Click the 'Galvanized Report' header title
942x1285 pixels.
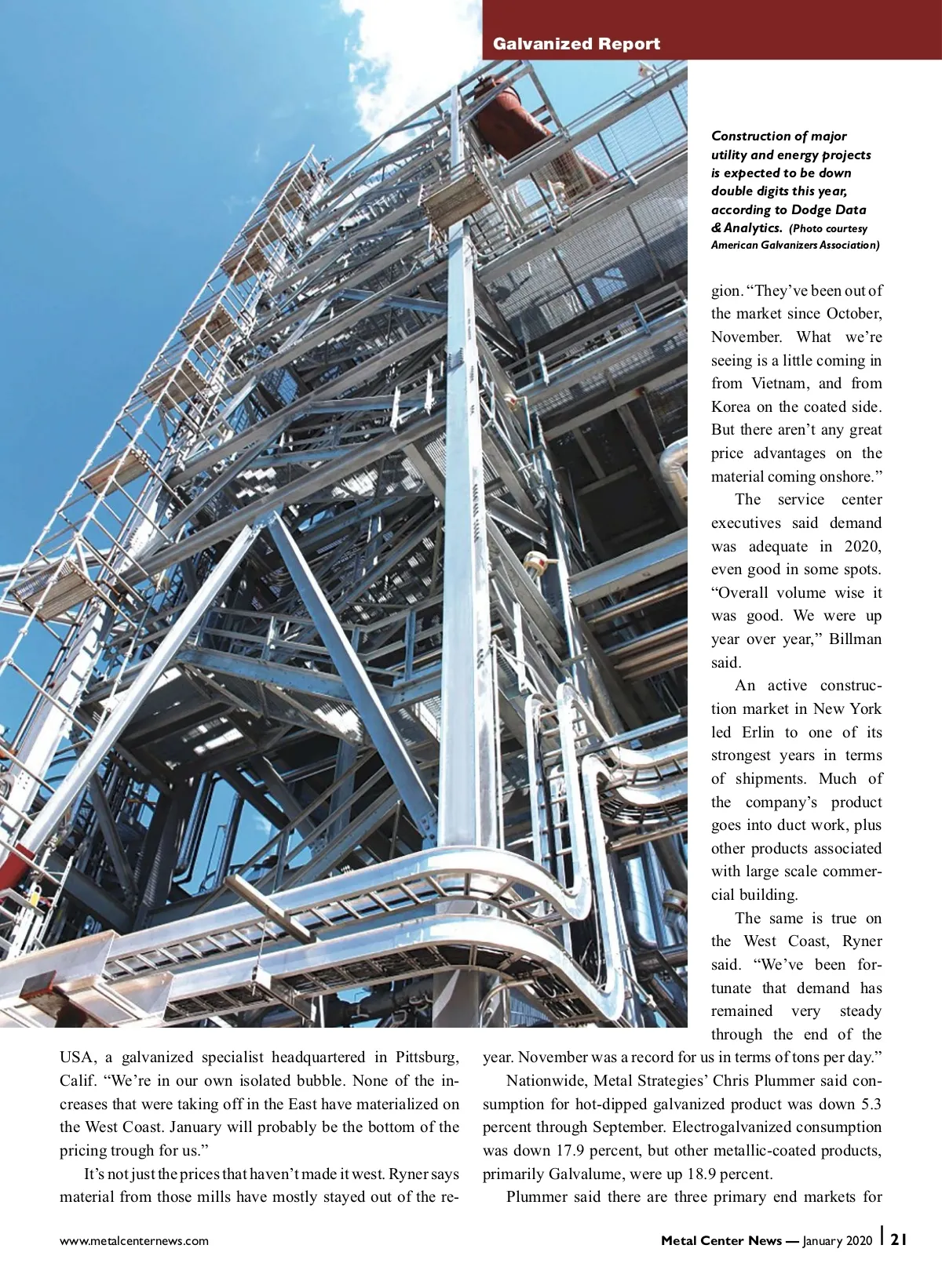pyautogui.click(x=576, y=44)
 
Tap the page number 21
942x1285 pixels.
pyautogui.click(x=899, y=1239)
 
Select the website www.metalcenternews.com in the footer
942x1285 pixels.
pyautogui.click(x=134, y=1240)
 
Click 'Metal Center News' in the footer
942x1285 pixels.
pyautogui.click(x=721, y=1240)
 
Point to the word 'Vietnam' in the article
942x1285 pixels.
pyautogui.click(x=780, y=384)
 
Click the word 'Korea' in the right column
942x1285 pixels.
pyautogui.click(x=730, y=406)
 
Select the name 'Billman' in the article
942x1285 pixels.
pyautogui.click(x=855, y=639)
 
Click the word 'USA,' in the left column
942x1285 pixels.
pyautogui.click(x=78, y=1057)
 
